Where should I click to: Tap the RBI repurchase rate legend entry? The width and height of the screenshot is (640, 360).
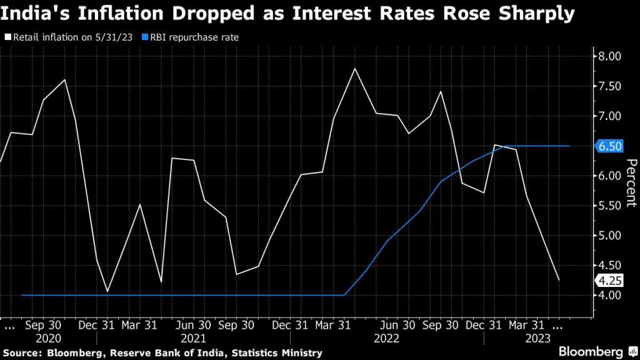(x=191, y=37)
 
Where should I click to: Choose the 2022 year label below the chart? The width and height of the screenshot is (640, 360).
(x=387, y=338)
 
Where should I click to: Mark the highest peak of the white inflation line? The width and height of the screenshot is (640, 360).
(x=355, y=68)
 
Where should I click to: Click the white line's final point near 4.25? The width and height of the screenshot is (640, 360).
(x=559, y=280)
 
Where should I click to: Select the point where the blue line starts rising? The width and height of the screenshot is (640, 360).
(x=344, y=295)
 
